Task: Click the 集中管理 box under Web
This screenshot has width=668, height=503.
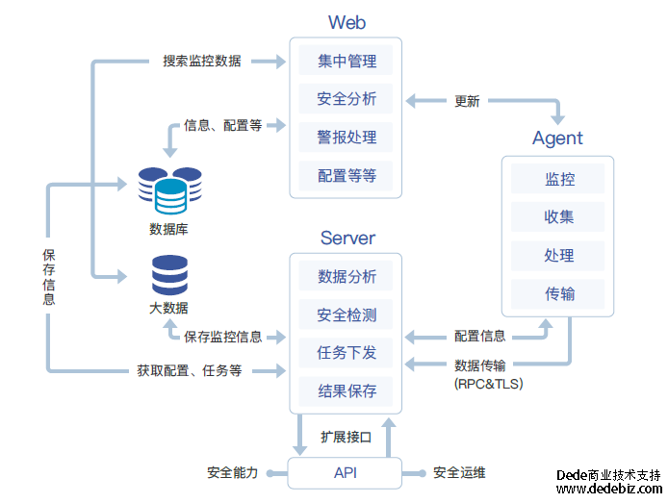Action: click(346, 61)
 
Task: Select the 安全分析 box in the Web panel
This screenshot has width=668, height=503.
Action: click(346, 99)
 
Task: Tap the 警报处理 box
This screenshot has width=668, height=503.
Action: click(346, 138)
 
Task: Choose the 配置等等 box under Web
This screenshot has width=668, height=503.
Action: click(346, 176)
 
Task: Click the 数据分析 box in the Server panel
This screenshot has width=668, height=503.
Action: click(346, 277)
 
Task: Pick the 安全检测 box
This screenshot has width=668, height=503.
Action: click(346, 315)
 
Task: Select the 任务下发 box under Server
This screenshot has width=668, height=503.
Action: click(346, 353)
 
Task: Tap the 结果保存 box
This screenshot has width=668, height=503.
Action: click(346, 391)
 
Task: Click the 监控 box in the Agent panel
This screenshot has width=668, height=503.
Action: click(558, 179)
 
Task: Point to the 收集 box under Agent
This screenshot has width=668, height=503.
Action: click(558, 217)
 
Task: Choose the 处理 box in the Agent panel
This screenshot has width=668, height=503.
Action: click(558, 256)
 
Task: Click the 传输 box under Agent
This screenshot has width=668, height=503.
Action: click(558, 293)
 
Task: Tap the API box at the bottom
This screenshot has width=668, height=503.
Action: click(346, 472)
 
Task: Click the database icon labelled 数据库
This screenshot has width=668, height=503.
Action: click(168, 190)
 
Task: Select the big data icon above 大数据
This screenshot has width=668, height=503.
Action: click(168, 275)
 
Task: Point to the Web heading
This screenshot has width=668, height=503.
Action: click(347, 22)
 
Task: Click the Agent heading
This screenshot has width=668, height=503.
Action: click(557, 138)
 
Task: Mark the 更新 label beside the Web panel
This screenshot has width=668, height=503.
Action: click(467, 100)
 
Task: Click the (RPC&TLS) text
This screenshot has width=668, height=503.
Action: click(488, 383)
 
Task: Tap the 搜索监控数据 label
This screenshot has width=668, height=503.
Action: click(202, 61)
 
